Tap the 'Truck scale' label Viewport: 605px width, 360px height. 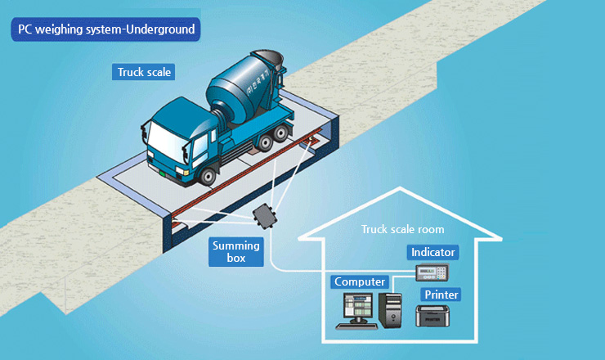[x=145, y=72]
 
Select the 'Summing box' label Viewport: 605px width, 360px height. [x=235, y=251]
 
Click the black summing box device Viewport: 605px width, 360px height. [x=266, y=218]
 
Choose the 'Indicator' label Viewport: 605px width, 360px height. [x=432, y=253]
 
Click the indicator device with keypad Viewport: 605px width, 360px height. [x=432, y=272]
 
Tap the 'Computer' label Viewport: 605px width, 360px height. [x=360, y=282]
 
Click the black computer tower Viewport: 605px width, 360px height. [x=391, y=310]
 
